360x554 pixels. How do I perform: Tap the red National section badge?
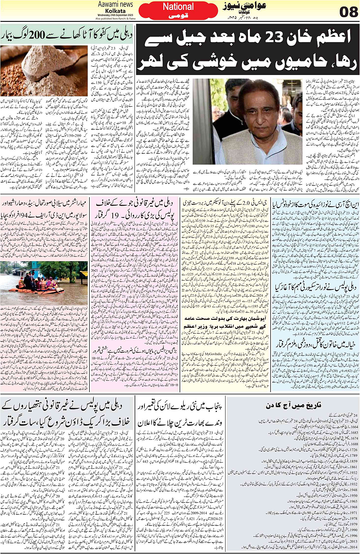click(x=178, y=6)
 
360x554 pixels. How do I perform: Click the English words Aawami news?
click(x=115, y=4)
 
